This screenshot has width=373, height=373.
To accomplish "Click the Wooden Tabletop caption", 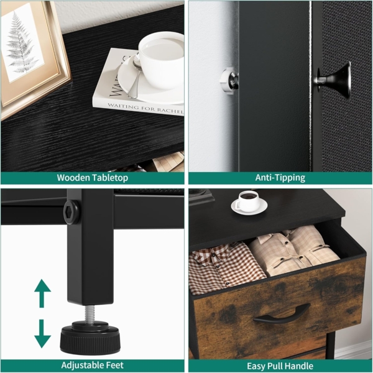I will coord(92,178).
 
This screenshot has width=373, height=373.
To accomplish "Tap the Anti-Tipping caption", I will coord(281,178).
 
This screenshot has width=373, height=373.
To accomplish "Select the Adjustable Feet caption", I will coord(92,366).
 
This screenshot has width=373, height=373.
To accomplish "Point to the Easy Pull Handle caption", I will coord(281,366).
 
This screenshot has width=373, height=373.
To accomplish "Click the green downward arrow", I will coord(42,333).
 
